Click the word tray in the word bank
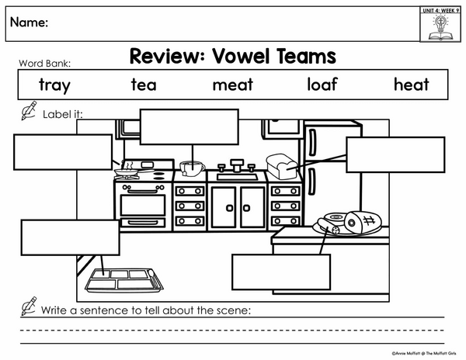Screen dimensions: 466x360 click(54, 85)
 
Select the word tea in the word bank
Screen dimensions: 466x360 click(144, 85)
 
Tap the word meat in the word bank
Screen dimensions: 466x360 click(233, 85)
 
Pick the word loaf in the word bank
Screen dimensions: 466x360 click(322, 84)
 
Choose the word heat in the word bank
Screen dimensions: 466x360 click(412, 84)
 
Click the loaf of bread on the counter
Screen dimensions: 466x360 click(282, 166)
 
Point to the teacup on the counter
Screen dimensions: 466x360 click(192, 168)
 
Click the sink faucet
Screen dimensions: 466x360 click(237, 165)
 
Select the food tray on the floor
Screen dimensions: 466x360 click(124, 280)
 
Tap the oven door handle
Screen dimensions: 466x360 click(143, 192)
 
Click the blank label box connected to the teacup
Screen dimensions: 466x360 click(190, 127)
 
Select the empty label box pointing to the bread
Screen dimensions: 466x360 click(395, 154)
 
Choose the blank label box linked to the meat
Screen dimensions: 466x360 click(281, 272)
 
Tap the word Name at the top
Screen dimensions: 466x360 click(29, 22)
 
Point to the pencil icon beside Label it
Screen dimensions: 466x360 click(29, 110)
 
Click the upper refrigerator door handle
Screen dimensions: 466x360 click(312, 143)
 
